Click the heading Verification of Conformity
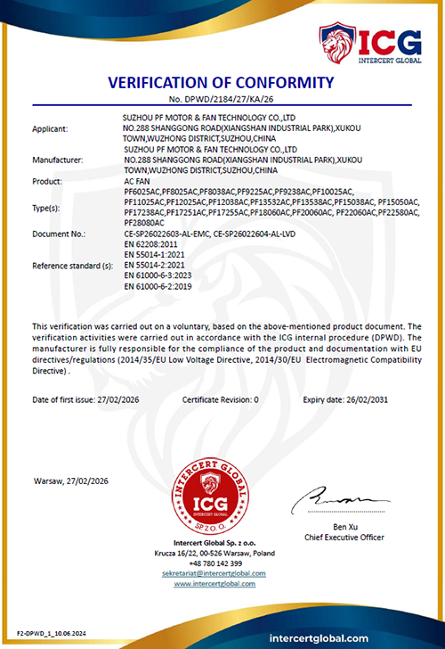[x=221, y=84]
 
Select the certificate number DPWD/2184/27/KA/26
[x=221, y=100]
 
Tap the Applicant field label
[x=50, y=129]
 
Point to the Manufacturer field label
[x=57, y=160]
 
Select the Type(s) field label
[x=46, y=207]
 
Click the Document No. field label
[x=59, y=234]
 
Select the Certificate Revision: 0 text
[x=220, y=400]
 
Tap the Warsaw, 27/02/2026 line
[x=70, y=481]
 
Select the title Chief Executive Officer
[x=343, y=538]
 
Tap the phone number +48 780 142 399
[x=212, y=564]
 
